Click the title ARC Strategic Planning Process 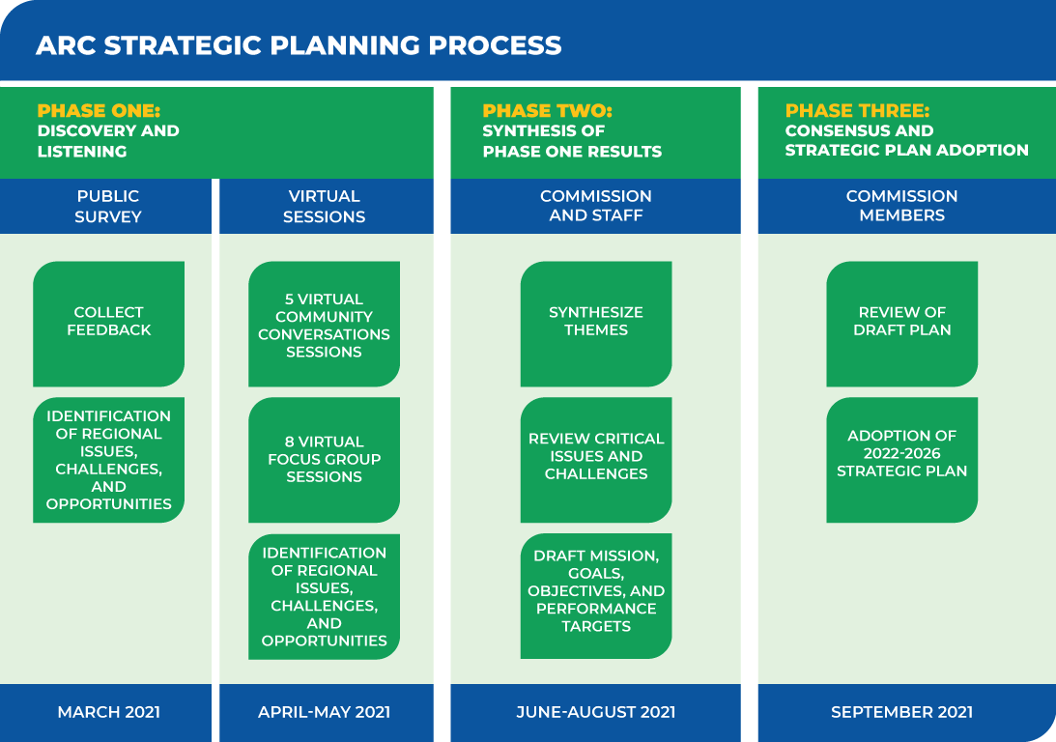299,45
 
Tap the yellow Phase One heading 99,110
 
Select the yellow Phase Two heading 547,110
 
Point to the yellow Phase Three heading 857,110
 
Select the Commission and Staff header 595,206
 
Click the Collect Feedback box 108,324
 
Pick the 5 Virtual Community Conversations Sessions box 324,324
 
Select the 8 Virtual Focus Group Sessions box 324,460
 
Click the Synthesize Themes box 596,324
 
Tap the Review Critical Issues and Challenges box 596,460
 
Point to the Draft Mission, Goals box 596,596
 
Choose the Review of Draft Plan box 901,324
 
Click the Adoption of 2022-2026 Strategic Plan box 901,460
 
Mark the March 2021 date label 108,712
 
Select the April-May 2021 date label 324,712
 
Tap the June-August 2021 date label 596,712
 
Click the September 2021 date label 901,712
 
